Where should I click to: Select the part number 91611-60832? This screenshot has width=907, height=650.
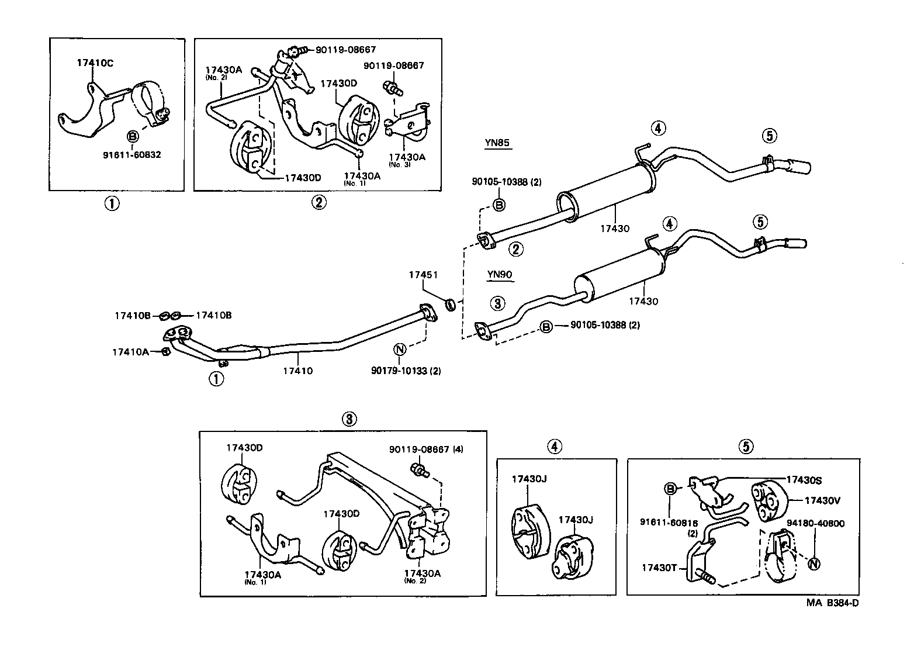132,155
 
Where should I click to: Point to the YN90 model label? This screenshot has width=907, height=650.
500,274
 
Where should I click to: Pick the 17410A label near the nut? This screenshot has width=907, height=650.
130,352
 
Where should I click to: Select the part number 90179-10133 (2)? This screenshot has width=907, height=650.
406,370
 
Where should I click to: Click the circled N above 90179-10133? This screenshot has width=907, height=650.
400,350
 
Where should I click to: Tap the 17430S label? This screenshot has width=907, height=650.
804,480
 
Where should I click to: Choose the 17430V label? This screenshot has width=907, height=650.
822,500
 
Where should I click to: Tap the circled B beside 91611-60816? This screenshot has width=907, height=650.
671,488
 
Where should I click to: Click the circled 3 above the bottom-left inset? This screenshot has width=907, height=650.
348,419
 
